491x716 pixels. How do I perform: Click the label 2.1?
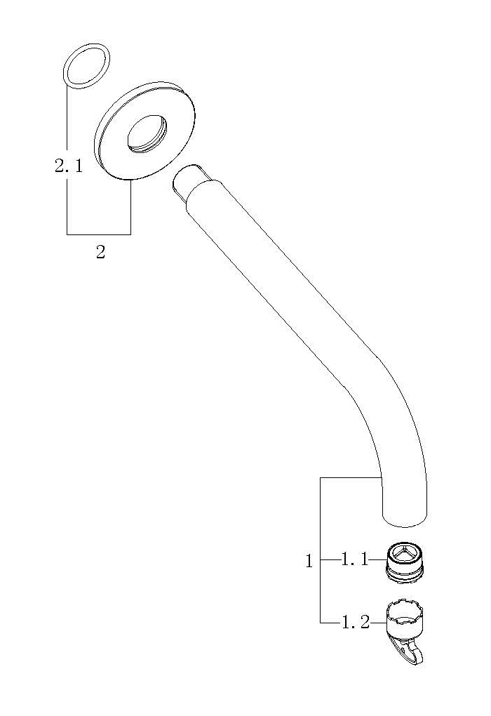coord(69,166)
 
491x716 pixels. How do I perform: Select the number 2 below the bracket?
coord(100,252)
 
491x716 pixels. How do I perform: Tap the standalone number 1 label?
coord(309,561)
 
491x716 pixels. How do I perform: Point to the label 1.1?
coord(354,560)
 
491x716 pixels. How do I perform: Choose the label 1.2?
coord(356,623)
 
